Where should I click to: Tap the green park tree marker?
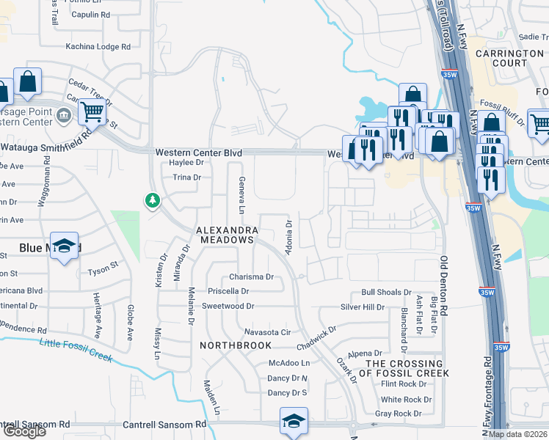(153, 199)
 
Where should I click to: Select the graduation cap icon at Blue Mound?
(65, 248)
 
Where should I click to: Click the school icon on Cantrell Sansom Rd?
(294, 420)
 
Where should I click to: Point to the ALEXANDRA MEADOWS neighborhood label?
(225, 235)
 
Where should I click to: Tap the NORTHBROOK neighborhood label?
(236, 345)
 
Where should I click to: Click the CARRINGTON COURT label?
(509, 59)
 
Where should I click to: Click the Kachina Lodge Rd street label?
(98, 46)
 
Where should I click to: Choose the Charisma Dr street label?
(251, 277)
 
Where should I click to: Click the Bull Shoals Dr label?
(386, 292)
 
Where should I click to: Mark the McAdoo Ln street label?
(289, 362)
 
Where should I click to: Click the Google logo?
(24, 431)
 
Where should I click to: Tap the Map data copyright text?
(518, 434)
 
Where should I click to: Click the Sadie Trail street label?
(534, 36)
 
